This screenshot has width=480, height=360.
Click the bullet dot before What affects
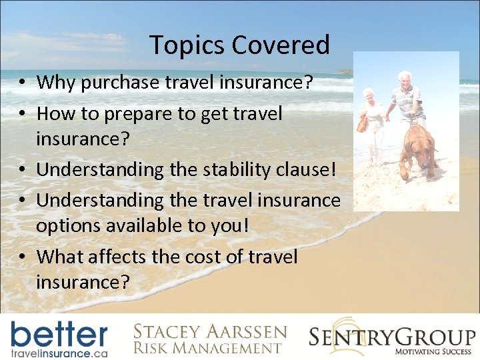coord(23,257)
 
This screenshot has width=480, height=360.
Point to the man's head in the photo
coord(405,78)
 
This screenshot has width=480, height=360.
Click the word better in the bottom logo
coord(59,333)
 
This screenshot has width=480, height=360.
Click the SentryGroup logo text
coord(392,335)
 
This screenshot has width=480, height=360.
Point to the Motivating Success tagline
coord(434,351)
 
